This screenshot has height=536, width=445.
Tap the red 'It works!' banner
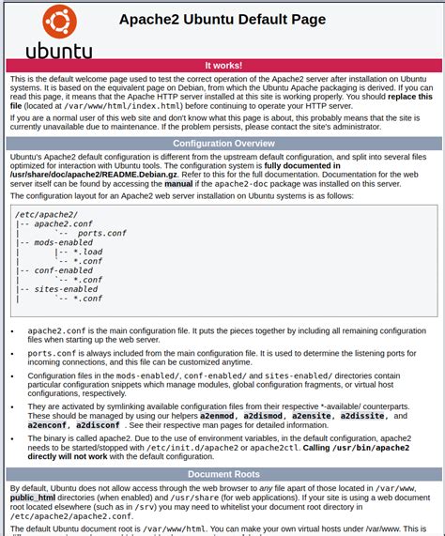222,66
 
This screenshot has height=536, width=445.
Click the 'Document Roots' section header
222,475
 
